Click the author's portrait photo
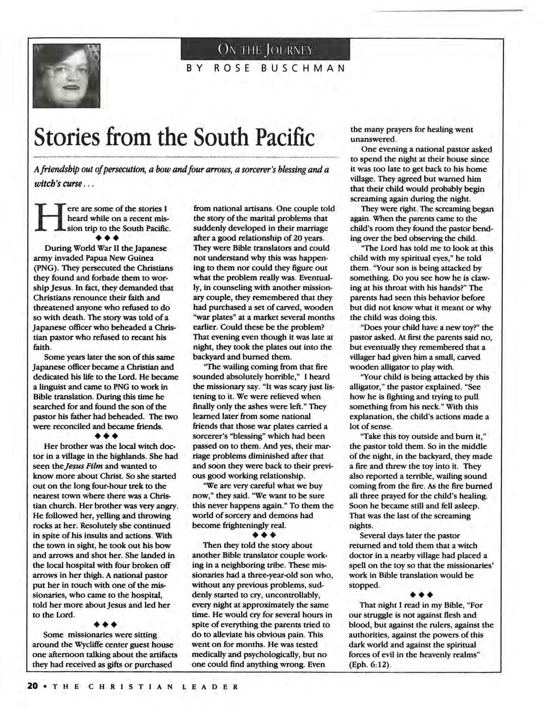[x=66, y=76]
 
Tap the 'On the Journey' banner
[x=265, y=51]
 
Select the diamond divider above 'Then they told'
[x=265, y=535]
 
